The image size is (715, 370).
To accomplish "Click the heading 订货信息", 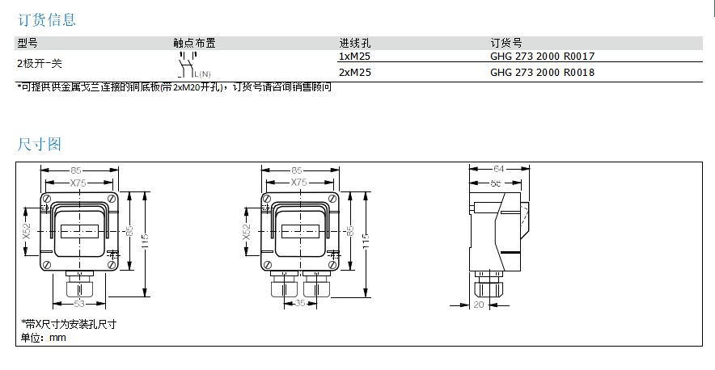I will [x=47, y=19].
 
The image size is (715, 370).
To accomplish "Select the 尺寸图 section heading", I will [x=40, y=144].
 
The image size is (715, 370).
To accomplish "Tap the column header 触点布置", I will [x=194, y=43].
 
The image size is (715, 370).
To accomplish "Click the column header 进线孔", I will [x=354, y=43].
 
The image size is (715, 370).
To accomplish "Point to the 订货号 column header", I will [x=506, y=43].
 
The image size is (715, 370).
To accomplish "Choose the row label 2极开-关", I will [x=40, y=63].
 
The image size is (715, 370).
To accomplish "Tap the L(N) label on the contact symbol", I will [x=201, y=74].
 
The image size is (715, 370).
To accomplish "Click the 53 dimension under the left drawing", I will [x=79, y=304].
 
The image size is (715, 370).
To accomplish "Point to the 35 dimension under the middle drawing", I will [x=300, y=304].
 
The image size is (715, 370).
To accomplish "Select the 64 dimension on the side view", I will [x=499, y=170].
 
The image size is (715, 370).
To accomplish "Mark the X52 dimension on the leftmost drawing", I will [x=26, y=232].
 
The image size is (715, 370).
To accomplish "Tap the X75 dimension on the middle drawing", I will [x=298, y=183].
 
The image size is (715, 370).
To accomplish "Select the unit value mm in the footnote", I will [x=57, y=338].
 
